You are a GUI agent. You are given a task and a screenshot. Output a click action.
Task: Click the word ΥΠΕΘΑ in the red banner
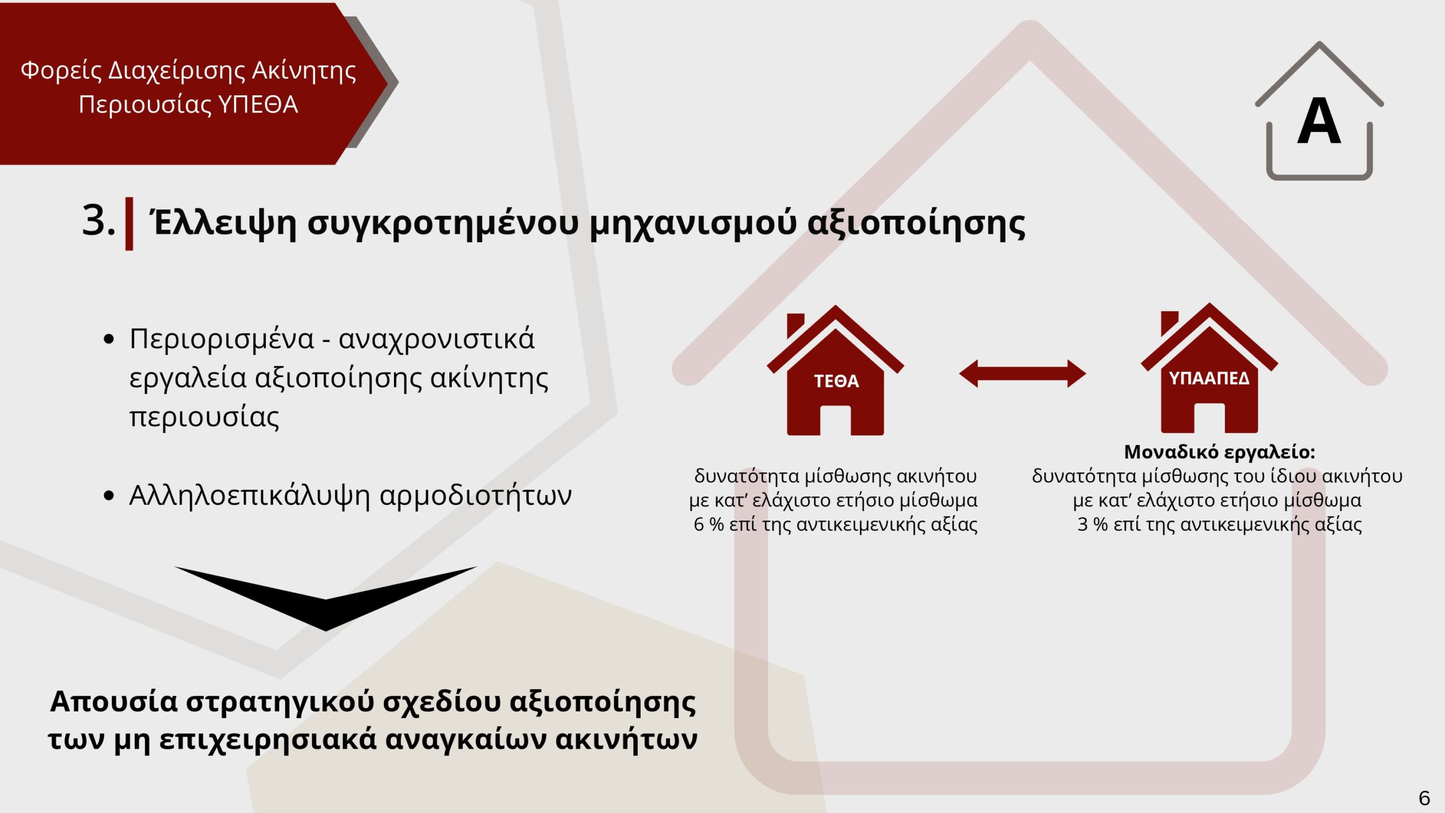[x=258, y=104]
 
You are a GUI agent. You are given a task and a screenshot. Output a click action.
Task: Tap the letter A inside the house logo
[x=1319, y=121]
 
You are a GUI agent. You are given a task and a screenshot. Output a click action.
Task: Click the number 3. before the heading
[x=98, y=220]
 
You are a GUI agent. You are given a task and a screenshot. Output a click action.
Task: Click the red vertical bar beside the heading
[x=129, y=224]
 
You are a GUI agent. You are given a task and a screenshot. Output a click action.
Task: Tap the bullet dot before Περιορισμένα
[x=109, y=339]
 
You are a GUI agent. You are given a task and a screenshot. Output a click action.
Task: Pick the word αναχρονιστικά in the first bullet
[x=436, y=339]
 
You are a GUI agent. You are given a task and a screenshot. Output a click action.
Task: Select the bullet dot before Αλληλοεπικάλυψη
[x=109, y=496]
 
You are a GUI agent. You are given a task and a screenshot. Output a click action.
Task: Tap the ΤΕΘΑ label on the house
[x=837, y=381]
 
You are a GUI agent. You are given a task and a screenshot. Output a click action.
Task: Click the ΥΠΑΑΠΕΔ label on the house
[x=1209, y=378]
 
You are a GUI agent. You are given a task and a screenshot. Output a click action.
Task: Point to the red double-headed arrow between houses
[x=1022, y=373]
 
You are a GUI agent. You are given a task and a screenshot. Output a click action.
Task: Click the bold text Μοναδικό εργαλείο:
[x=1220, y=452]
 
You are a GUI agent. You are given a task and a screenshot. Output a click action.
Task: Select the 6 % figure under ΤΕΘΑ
[x=708, y=524]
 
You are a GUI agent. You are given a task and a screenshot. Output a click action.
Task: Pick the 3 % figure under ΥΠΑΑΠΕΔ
[x=1092, y=524]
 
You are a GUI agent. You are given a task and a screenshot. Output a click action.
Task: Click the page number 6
[x=1424, y=798]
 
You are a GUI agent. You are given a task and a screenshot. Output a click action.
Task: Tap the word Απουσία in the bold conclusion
[x=115, y=702]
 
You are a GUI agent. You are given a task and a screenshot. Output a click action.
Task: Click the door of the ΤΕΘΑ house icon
[x=835, y=421]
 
